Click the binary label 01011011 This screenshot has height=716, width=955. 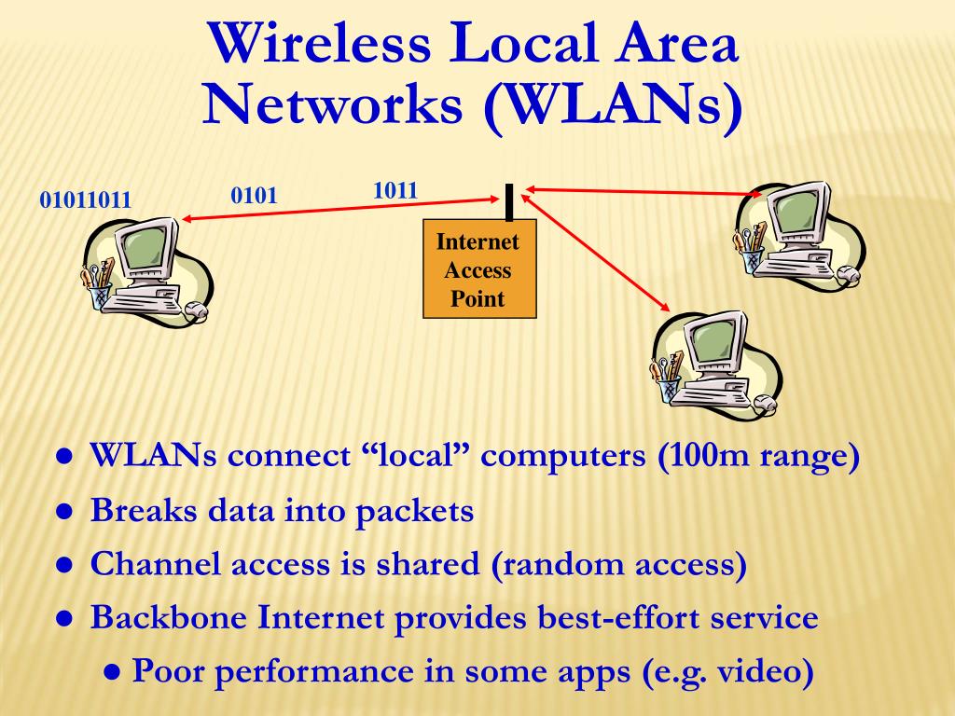(85, 200)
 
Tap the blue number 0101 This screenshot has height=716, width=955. (255, 196)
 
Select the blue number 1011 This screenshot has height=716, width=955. (394, 191)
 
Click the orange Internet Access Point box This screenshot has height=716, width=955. (479, 270)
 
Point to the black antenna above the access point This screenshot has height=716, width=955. (509, 201)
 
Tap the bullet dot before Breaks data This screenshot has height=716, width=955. (65, 512)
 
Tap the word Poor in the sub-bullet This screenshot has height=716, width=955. (172, 672)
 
